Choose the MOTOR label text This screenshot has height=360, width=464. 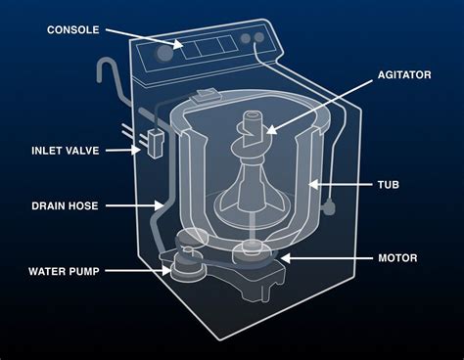click(x=397, y=258)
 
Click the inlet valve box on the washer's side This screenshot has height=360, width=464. click(x=154, y=143)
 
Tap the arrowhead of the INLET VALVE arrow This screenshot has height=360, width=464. click(x=144, y=150)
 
